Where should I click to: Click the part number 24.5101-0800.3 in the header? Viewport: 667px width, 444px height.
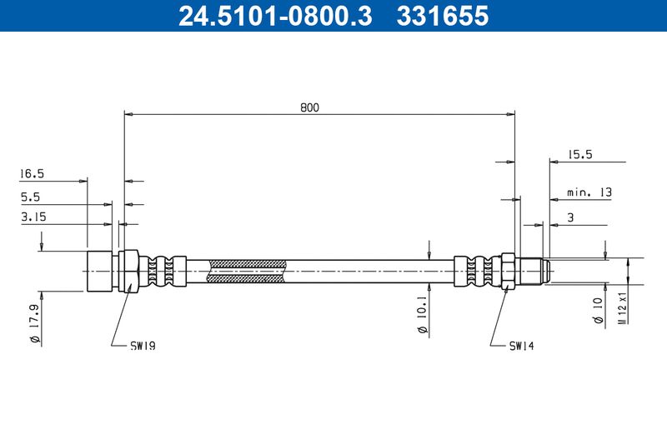275,16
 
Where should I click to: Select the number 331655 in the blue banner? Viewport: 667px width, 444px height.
443,16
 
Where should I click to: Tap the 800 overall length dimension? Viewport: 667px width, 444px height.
309,107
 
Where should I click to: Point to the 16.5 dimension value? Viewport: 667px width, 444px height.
32,173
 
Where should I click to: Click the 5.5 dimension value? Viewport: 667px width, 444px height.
30,197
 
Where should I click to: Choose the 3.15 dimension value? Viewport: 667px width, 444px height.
33,217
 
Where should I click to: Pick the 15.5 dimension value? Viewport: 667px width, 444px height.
580,154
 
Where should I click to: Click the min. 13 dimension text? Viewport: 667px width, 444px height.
589,192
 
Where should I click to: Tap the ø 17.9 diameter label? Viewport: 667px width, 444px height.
35,324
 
